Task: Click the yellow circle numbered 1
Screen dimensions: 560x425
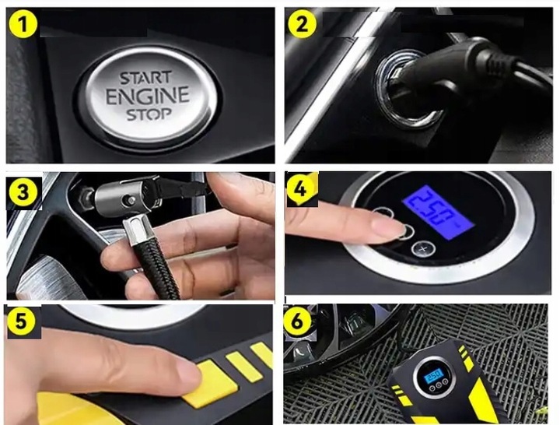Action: tap(23, 24)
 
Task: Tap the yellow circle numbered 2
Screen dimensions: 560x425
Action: tap(302, 24)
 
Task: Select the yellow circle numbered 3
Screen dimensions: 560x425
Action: tap(22, 192)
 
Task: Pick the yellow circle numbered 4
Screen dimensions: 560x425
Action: tap(302, 189)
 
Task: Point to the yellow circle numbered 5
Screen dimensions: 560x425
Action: tap(21, 321)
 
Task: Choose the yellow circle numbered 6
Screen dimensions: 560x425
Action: tap(297, 321)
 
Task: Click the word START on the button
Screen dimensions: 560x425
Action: tap(145, 79)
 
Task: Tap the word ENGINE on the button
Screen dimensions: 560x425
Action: tap(148, 96)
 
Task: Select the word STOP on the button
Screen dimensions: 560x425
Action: tap(149, 114)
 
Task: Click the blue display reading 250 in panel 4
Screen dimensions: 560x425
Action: tap(438, 211)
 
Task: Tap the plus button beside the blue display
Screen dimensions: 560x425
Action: tap(424, 249)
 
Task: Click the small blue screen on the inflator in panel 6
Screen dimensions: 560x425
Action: tap(432, 376)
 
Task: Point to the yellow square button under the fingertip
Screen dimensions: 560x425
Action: tap(211, 385)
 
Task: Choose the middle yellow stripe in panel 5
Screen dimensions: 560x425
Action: tap(245, 367)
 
